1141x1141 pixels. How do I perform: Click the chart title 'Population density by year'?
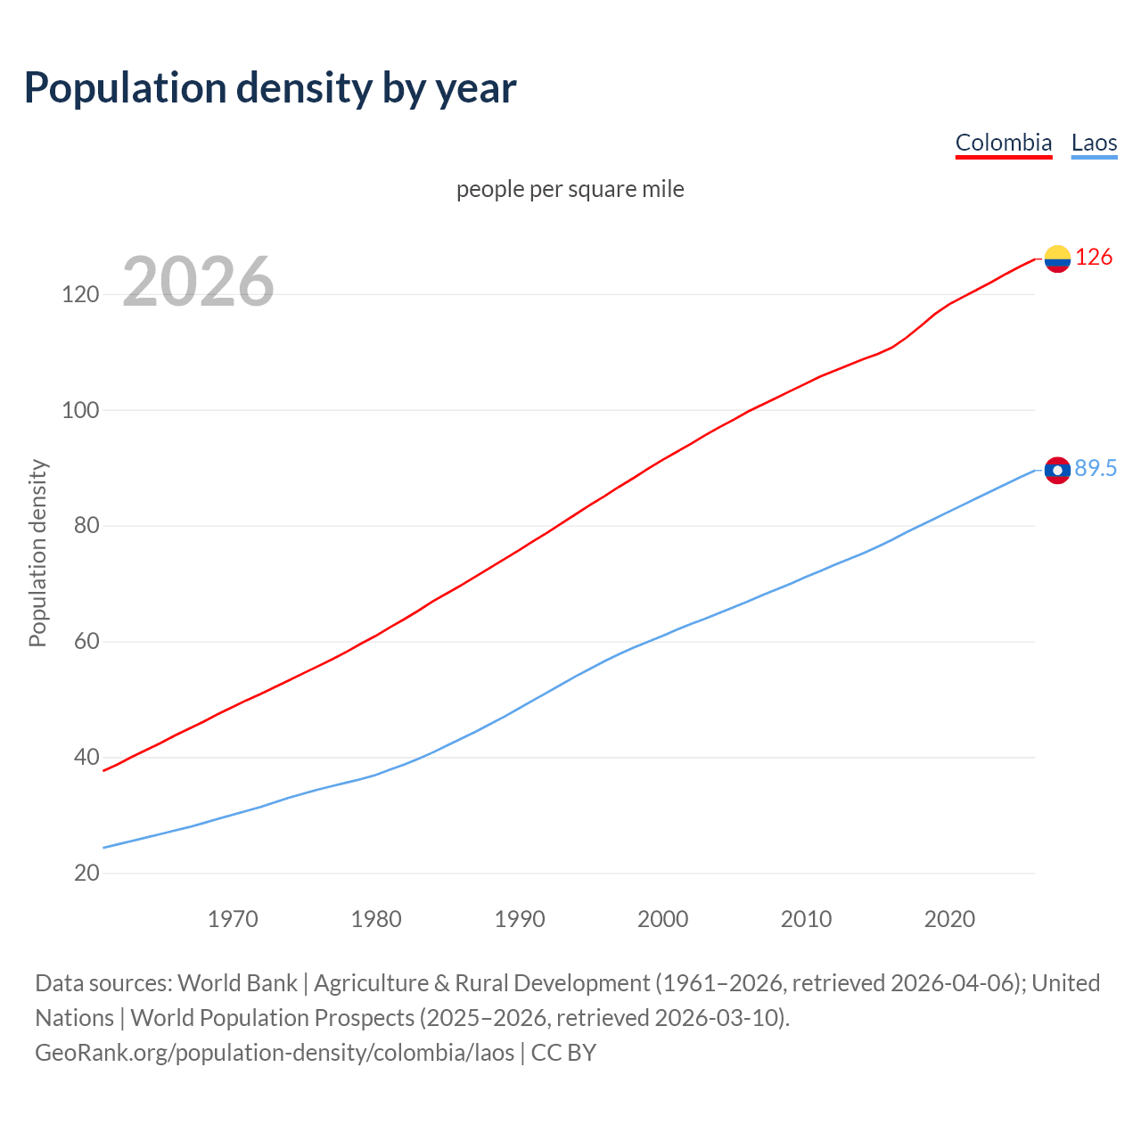click(x=270, y=87)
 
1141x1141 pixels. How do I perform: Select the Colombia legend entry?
click(x=1003, y=143)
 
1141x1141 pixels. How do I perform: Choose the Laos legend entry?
click(x=1094, y=143)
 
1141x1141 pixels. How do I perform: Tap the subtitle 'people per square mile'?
click(x=570, y=189)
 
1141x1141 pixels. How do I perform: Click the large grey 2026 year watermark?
click(x=198, y=282)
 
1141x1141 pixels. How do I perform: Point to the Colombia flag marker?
click(x=1057, y=259)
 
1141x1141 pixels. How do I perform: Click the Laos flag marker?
click(x=1057, y=470)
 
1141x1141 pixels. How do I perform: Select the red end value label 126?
click(x=1094, y=258)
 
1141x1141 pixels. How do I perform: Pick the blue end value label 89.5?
click(x=1096, y=469)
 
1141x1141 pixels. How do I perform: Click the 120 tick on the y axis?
click(x=80, y=294)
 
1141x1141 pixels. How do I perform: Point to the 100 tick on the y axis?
click(x=80, y=410)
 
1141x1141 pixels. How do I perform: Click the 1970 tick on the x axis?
click(x=233, y=919)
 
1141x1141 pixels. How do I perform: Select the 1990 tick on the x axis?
click(x=520, y=919)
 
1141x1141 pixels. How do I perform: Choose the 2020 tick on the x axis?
click(x=949, y=919)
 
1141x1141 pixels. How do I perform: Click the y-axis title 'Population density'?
click(x=37, y=553)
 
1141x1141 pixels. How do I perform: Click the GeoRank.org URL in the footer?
click(x=275, y=1053)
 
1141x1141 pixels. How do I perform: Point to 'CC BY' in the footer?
click(x=563, y=1053)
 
